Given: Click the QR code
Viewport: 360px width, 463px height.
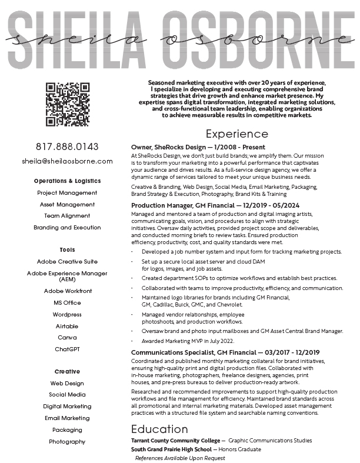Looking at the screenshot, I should click(x=67, y=104).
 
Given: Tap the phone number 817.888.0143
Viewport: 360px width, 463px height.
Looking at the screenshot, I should click(x=67, y=146).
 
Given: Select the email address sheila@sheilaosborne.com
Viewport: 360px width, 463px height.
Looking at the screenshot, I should click(x=67, y=161).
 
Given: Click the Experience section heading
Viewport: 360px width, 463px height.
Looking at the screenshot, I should click(x=236, y=134).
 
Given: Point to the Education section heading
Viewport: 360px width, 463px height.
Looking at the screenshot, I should click(x=159, y=428).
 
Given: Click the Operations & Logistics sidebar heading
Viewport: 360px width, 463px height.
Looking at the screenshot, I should click(x=67, y=181).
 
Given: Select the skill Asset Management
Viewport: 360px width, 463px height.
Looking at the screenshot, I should click(x=67, y=204).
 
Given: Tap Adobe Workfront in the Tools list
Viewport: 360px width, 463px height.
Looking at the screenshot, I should click(x=67, y=291).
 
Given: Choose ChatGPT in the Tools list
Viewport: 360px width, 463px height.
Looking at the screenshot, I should click(x=67, y=349).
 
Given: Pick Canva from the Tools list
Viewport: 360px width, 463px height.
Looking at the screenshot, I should click(x=67, y=337).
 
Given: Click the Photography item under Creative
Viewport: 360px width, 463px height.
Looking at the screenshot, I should click(x=67, y=441).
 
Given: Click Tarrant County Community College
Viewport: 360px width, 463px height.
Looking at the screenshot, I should click(x=176, y=441).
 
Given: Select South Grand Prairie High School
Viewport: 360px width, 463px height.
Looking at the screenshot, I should click(x=171, y=449).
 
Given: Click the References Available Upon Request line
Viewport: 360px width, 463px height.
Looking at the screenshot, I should click(x=180, y=458).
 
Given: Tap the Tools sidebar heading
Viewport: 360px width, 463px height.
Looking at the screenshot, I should click(x=67, y=250).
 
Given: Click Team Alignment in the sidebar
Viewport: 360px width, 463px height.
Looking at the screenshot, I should click(x=67, y=216).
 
